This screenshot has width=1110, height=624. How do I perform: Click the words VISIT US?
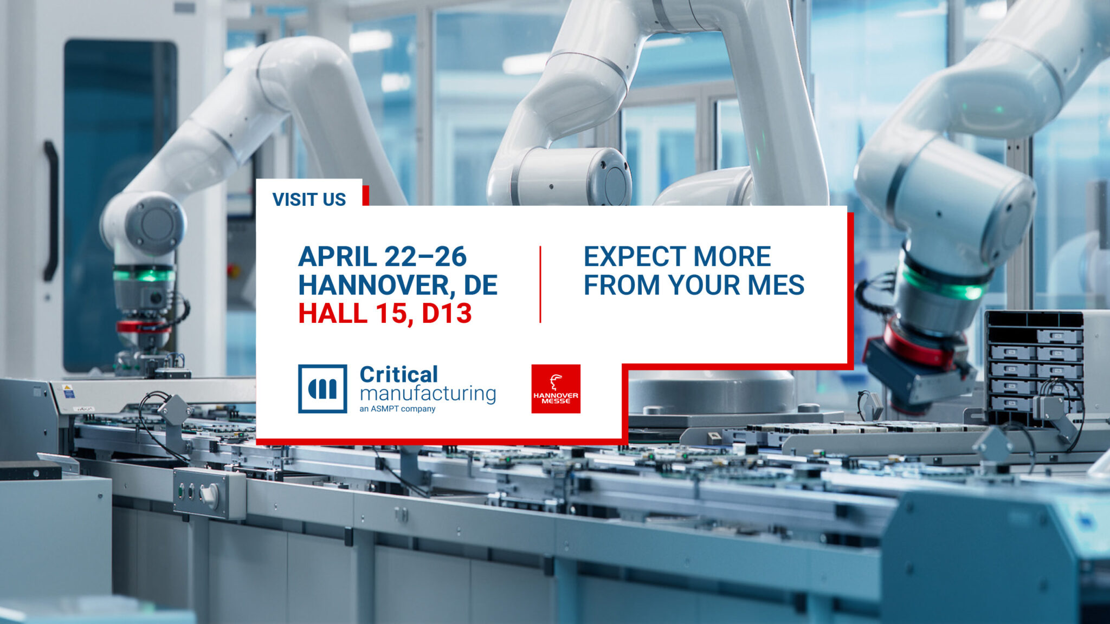coord(309,199)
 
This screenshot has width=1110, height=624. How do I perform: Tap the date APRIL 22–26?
coord(382,257)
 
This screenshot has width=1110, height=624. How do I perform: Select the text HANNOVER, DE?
coord(397,285)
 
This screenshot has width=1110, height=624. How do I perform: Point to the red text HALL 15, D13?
coord(385,314)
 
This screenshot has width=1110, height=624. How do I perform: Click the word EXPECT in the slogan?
coord(631,257)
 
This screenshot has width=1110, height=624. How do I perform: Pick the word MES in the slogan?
coord(776,285)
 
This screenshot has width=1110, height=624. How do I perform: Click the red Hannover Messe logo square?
coord(556,389)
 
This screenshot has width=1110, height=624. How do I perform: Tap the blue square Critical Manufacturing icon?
coord(322,389)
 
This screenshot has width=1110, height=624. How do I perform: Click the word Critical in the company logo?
coord(399,374)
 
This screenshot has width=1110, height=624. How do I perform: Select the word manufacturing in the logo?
coord(428,394)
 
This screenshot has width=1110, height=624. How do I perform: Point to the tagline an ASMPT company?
coord(397,409)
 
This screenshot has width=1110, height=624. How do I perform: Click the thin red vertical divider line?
coord(540,284)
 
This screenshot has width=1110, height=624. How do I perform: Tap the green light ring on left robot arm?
coord(144,275)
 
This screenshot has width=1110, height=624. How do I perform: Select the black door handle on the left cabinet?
coord(51,211)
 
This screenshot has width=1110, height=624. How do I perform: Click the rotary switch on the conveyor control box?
coord(210,493)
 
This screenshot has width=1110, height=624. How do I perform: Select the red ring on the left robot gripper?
coord(143,326)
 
